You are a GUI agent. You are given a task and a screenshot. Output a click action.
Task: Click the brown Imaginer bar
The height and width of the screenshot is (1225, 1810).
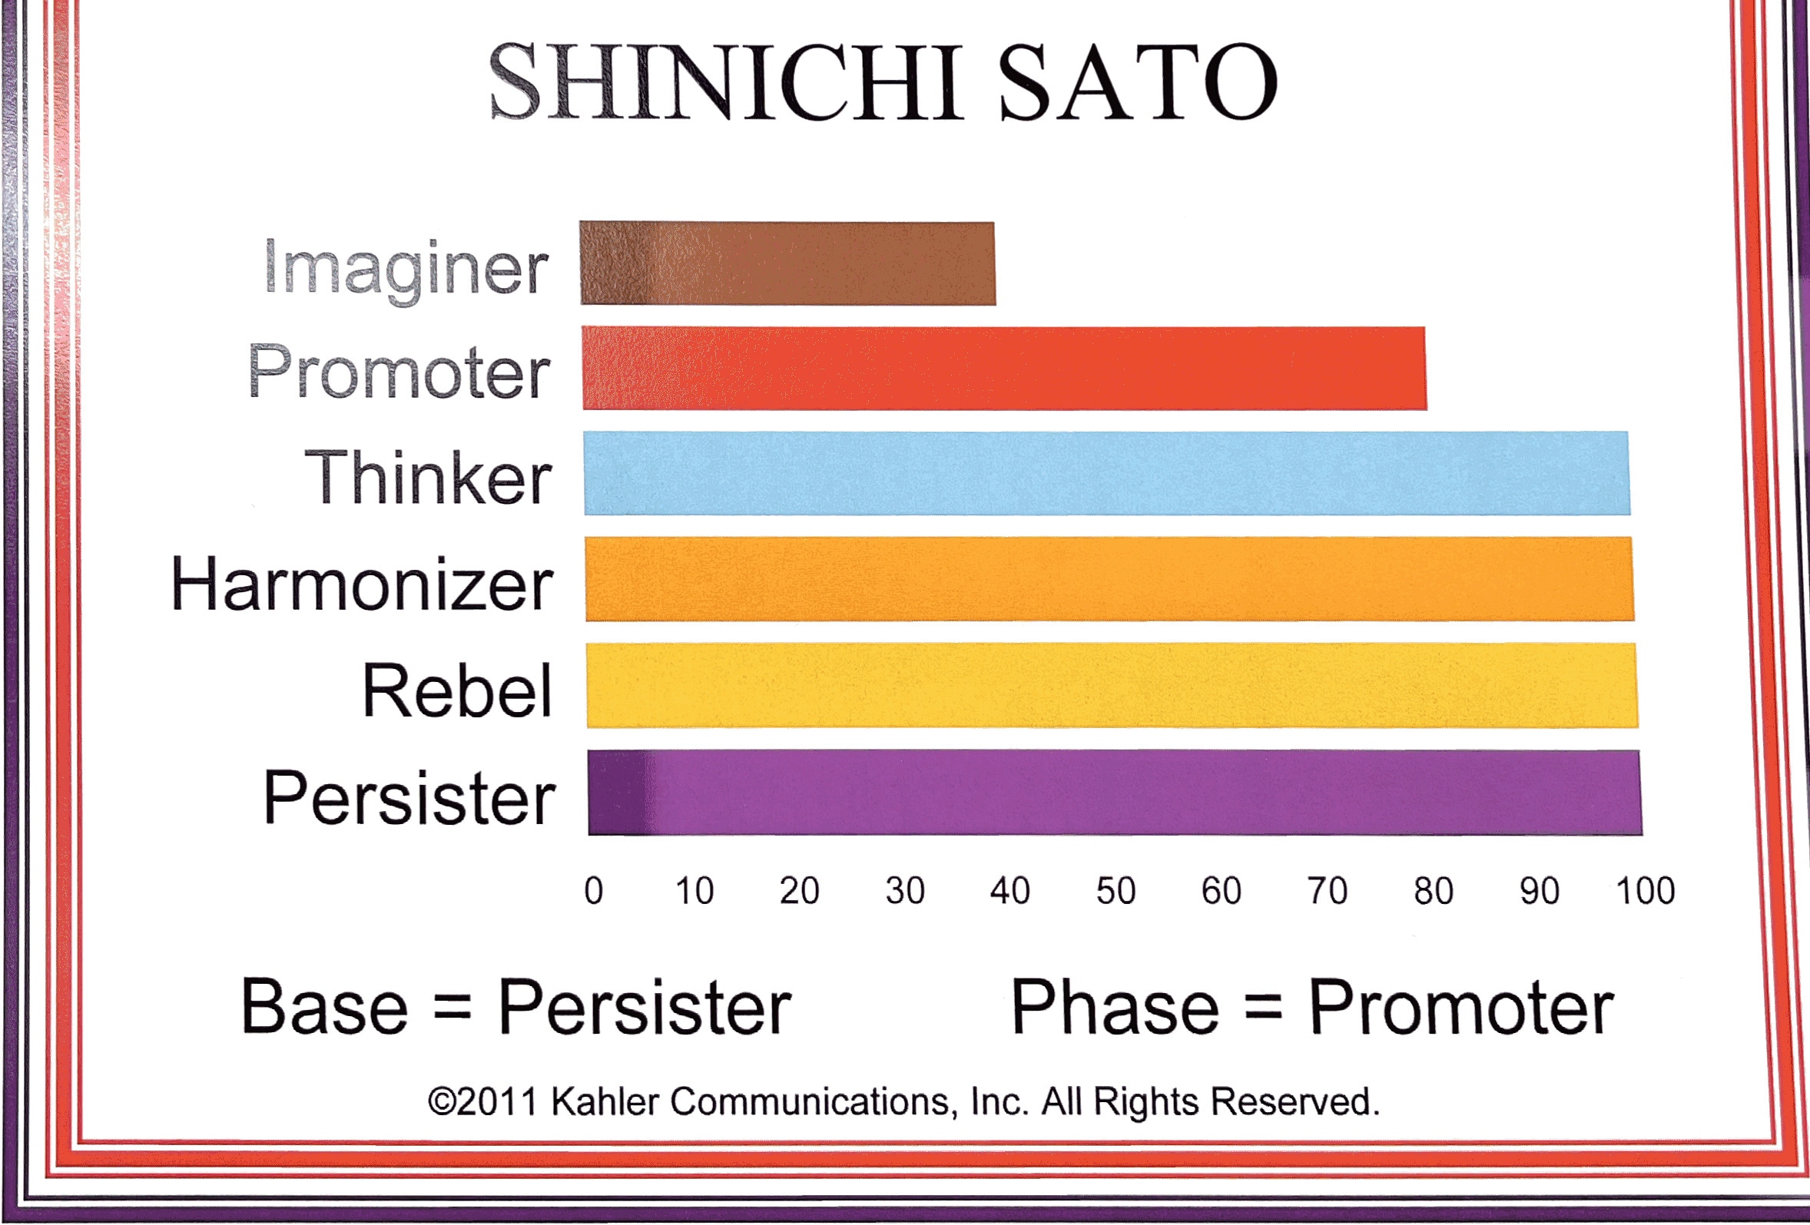787,263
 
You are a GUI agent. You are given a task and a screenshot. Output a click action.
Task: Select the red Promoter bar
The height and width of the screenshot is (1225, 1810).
1004,369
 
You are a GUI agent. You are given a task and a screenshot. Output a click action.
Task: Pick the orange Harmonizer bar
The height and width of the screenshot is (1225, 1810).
1110,578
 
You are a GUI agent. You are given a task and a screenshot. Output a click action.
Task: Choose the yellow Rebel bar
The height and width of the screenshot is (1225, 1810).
1112,685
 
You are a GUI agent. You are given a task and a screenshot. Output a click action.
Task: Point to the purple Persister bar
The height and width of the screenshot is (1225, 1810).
1116,792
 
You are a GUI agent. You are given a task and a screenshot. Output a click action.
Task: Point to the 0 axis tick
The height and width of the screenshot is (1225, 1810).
593,890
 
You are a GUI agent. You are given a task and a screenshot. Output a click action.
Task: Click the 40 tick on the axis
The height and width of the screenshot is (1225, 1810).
1009,890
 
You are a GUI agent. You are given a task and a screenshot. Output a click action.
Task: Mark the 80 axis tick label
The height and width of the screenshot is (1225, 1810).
1433,890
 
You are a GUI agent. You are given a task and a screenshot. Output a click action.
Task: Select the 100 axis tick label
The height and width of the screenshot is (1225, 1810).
1645,890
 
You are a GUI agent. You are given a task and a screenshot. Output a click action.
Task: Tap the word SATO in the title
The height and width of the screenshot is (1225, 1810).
1138,81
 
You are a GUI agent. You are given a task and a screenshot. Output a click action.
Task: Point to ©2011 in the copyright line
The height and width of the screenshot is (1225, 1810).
483,1102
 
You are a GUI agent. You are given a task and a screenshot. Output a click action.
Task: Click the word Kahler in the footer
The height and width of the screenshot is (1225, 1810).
605,1102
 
